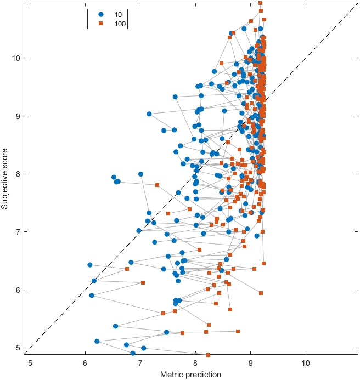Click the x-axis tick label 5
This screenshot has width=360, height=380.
point(30,362)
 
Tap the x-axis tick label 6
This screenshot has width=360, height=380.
point(85,362)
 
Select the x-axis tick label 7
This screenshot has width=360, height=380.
point(140,362)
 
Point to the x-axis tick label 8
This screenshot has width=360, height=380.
point(195,362)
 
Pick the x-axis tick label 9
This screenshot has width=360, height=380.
point(251,362)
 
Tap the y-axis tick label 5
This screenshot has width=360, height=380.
point(19,348)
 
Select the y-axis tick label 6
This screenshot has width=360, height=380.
point(19,290)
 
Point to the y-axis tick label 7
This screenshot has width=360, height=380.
point(19,232)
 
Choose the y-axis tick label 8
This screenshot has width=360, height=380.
point(19,174)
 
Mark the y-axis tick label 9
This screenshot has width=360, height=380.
point(19,116)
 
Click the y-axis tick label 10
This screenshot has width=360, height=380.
point(17,58)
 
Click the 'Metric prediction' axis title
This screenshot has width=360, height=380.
point(190,375)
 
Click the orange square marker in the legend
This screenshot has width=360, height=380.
point(100,24)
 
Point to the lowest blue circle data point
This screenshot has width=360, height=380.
point(133,354)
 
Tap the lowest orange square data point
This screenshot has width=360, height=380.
point(208,355)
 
